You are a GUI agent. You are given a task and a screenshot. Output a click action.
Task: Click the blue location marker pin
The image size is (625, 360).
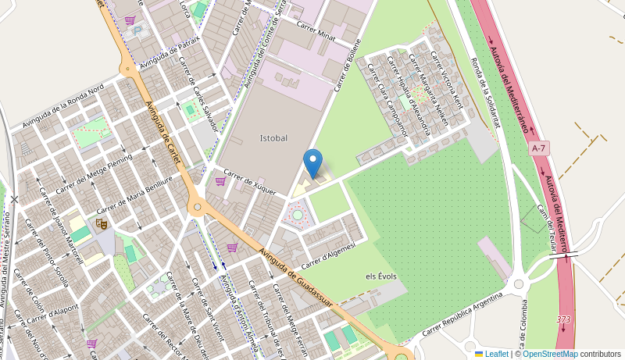click(x=312, y=162)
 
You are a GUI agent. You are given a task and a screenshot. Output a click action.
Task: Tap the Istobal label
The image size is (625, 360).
click(x=273, y=138)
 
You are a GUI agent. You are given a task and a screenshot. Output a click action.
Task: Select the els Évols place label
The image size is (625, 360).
click(x=381, y=276)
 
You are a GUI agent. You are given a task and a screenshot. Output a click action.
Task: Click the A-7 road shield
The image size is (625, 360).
click(x=539, y=148)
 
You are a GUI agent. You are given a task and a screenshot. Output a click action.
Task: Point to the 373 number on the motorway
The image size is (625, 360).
click(x=563, y=319)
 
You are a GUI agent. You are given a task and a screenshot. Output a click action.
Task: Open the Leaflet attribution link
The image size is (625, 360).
click(x=491, y=354)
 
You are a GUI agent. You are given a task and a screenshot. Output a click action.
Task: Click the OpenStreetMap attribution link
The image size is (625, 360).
click(x=550, y=354)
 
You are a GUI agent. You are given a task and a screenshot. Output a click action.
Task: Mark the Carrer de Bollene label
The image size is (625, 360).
click(x=348, y=65)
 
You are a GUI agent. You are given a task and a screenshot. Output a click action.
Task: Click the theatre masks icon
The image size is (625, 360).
click(x=101, y=223)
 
